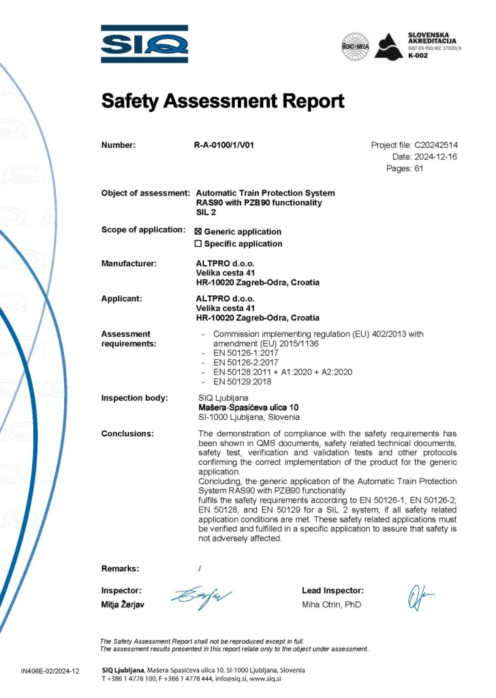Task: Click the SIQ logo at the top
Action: coord(144,44)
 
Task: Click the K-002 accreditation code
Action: coord(418,55)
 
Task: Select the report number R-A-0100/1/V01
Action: coord(224,145)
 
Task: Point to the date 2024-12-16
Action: coord(437,157)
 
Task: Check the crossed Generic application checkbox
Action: coord(199,232)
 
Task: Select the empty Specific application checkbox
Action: coord(199,243)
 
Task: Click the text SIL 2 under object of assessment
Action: coord(206,212)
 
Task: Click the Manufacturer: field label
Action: coord(129,263)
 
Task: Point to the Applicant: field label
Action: coord(122,299)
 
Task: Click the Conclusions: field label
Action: coord(127,434)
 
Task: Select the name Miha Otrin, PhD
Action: coord(332,605)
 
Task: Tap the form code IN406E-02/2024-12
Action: coord(50,671)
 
